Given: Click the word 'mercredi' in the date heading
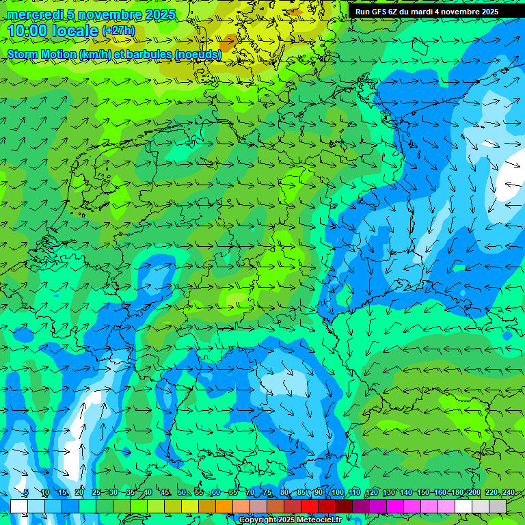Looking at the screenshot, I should [33, 14].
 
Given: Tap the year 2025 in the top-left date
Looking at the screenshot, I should [160, 14].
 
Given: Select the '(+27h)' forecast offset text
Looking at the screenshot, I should [118, 31].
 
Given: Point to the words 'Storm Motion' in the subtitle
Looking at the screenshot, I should [42, 54].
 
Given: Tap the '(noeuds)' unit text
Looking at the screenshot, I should [198, 54].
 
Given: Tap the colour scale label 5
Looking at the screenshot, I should [25, 493].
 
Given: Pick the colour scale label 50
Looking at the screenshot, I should [181, 493].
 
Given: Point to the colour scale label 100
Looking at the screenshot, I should [337, 493].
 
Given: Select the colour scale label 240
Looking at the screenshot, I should [508, 493].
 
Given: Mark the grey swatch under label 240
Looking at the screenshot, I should [498, 506].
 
